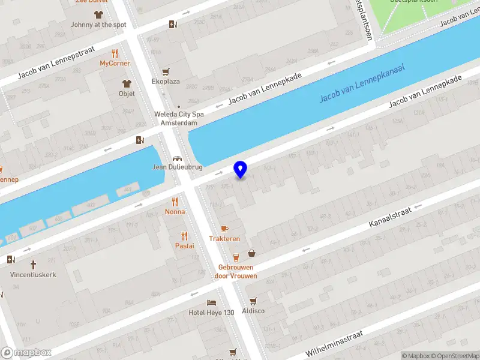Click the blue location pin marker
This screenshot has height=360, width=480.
pos(241,170)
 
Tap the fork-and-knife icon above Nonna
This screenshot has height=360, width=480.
pos(175,202)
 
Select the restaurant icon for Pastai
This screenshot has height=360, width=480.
pos(184,236)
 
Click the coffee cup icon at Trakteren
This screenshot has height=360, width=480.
pos(224,229)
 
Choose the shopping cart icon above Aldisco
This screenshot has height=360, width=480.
pos(253,301)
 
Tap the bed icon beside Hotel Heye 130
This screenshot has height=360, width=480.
pos(211,302)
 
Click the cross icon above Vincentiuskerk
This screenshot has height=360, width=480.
pos(33,264)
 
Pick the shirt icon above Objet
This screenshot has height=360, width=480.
pos(127,83)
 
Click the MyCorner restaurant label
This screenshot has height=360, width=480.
pos(115,63)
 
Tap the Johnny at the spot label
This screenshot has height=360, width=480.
pos(98,25)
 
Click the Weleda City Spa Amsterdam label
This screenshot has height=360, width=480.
pos(178,118)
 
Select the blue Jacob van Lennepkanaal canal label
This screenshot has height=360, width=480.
pos(362,82)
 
